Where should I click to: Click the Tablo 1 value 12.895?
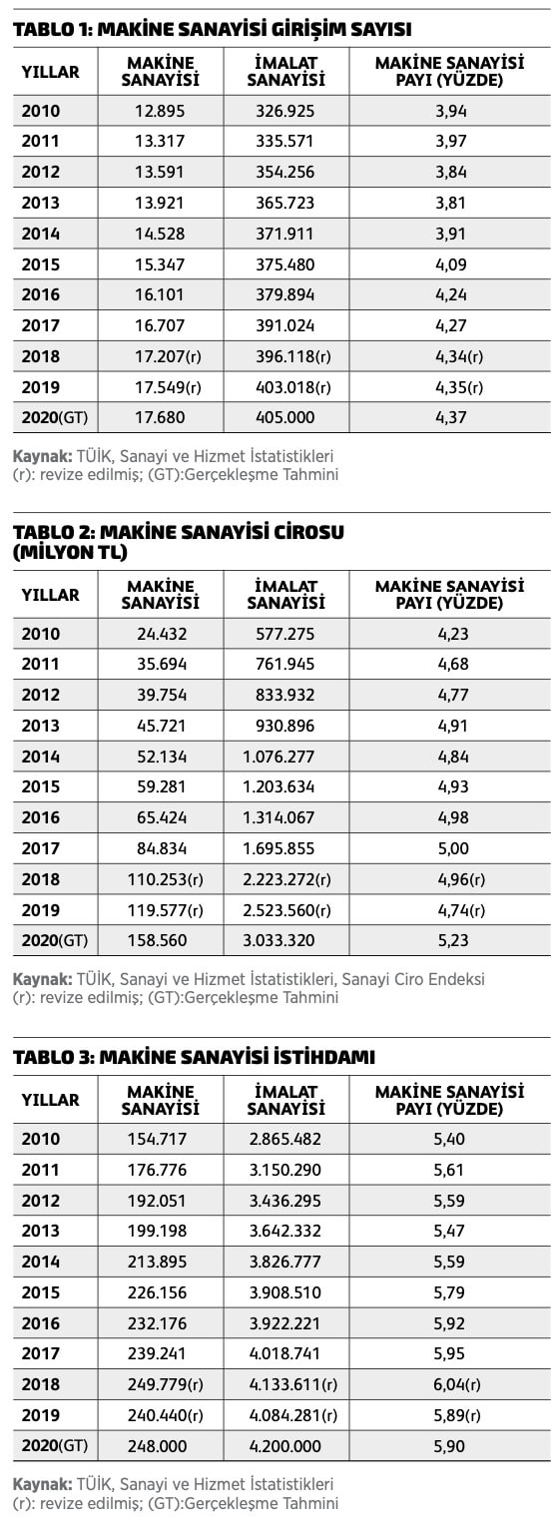click(x=160, y=111)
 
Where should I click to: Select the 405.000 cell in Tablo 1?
click(x=285, y=417)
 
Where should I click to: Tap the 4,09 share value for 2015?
click(x=451, y=264)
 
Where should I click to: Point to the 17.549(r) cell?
click(x=168, y=387)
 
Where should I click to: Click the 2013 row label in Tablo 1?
click(x=40, y=203)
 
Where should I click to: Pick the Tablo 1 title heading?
click(x=213, y=29)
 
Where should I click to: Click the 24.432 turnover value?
click(x=162, y=634)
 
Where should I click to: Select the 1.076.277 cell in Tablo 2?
click(x=278, y=757)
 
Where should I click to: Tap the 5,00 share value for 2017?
click(x=453, y=848)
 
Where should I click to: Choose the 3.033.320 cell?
click(x=278, y=940)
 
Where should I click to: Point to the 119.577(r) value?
click(x=166, y=909)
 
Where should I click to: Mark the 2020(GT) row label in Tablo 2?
click(x=55, y=940)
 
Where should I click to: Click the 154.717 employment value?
click(x=157, y=1139)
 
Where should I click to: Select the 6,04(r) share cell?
click(x=457, y=1384)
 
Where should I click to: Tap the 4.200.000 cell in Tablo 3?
click(x=285, y=1445)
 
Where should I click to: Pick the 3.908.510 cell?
click(x=285, y=1291)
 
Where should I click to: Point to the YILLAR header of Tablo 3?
click(x=51, y=1100)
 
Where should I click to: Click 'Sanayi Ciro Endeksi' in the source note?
click(x=413, y=979)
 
